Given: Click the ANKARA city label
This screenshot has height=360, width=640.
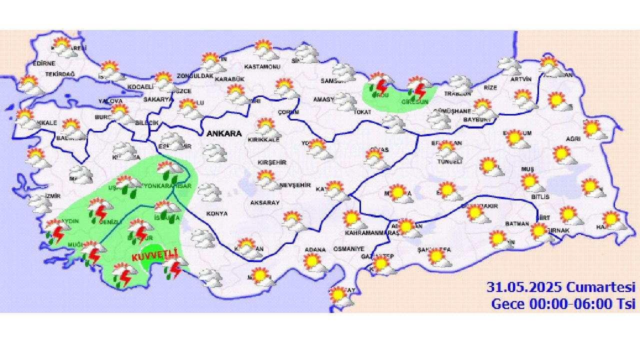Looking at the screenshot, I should point(223,133).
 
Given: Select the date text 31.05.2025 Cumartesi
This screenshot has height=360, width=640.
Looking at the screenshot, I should point(561,287).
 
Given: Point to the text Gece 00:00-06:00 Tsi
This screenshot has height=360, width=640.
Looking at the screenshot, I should point(563,303).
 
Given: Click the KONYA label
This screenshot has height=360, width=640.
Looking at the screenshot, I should point(216,213).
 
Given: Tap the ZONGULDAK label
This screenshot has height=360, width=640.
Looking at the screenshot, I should point(195,76).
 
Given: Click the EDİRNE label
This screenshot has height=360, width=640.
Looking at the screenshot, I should point(44,63).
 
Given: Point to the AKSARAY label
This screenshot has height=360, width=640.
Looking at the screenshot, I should point(265,202).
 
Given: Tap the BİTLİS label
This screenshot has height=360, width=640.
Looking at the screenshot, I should point(540,197).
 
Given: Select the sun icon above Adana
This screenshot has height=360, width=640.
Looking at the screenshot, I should point(312,261).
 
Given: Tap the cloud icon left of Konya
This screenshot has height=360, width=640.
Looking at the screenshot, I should point(209,191).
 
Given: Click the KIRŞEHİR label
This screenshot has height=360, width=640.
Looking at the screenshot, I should point(271,162).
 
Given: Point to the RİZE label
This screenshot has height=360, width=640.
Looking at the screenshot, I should point(490,87).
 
